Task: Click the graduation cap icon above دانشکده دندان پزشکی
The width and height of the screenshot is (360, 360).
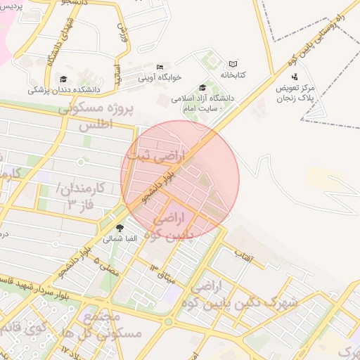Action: pyautogui.click(x=64, y=79)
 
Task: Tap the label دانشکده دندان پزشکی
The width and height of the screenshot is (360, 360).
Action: pyautogui.click(x=65, y=90)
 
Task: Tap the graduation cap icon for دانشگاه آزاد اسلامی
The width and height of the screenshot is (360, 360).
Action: pyautogui.click(x=202, y=88)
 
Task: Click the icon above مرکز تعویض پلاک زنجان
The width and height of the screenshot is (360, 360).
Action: pyautogui.click(x=294, y=76)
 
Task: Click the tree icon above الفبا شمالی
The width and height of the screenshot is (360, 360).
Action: pyautogui.click(x=120, y=228)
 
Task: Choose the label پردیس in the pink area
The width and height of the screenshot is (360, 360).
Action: pyautogui.click(x=11, y=6)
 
